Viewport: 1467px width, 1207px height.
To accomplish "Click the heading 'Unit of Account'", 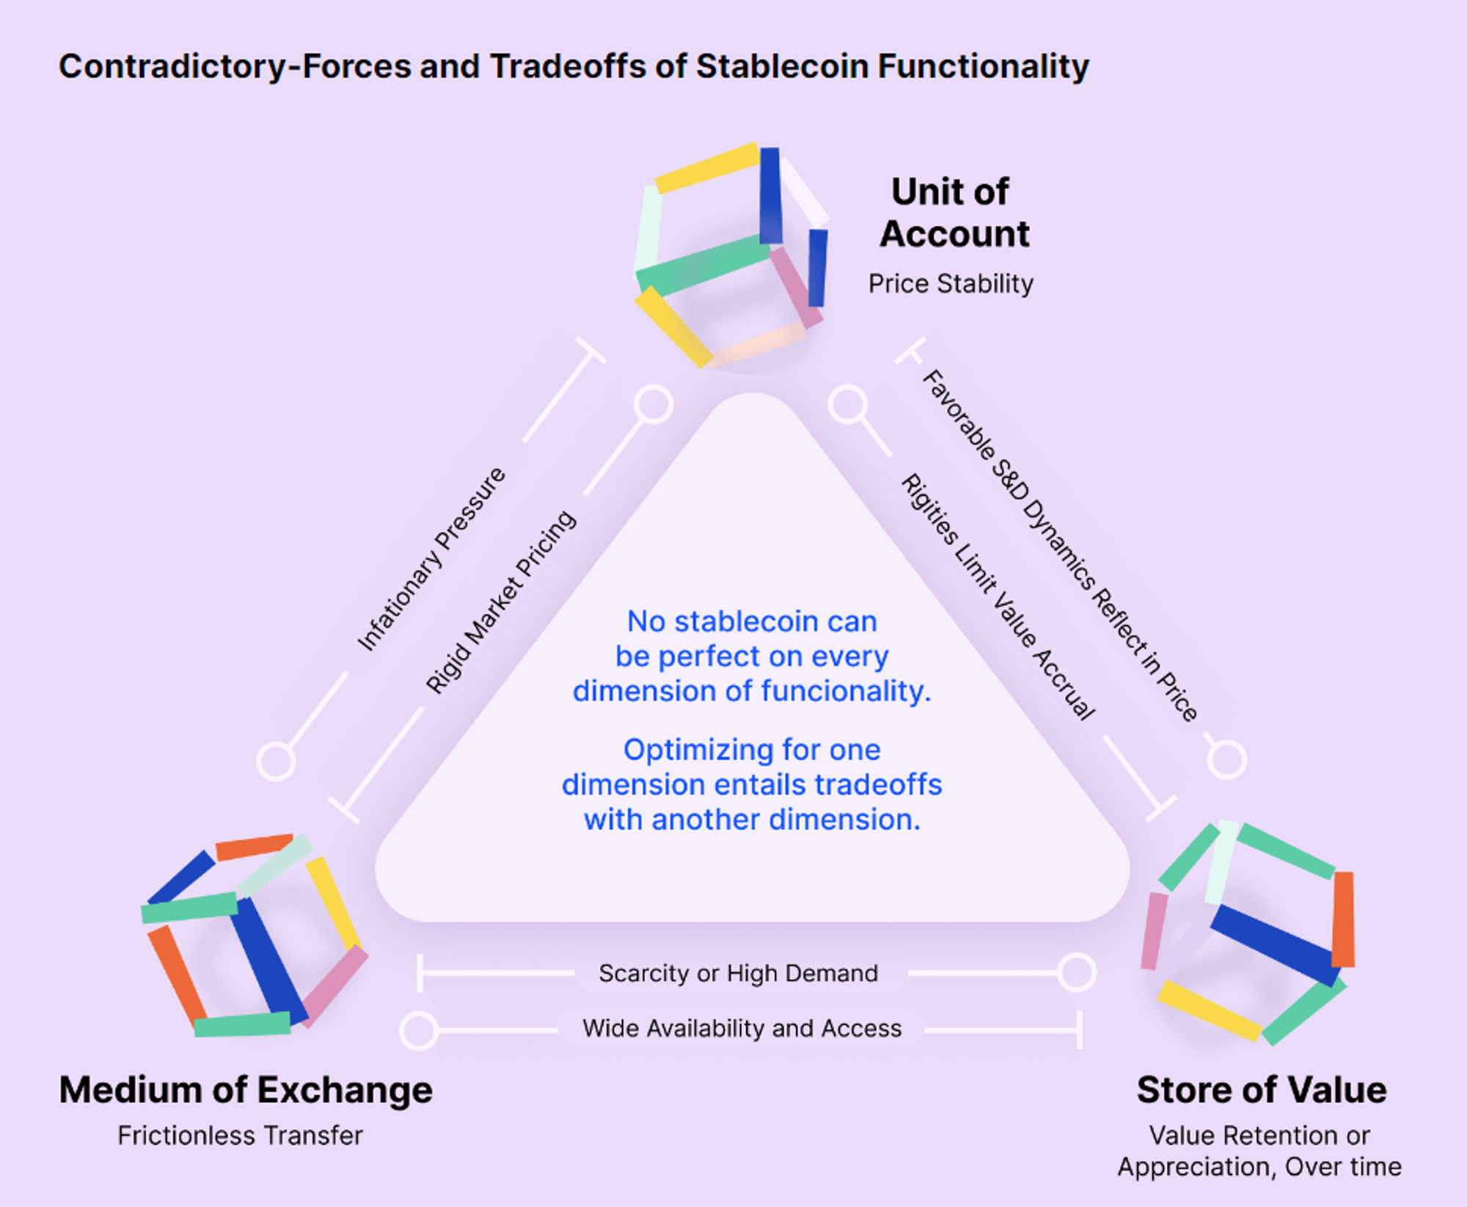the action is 954,213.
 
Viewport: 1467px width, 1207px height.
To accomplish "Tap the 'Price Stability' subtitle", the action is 951,284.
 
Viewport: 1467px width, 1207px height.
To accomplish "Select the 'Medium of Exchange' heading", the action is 246,1090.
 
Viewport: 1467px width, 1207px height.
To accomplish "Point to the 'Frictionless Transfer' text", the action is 240,1135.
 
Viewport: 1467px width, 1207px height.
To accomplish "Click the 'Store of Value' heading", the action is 1262,1090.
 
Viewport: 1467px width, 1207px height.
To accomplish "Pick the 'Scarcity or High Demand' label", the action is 738,973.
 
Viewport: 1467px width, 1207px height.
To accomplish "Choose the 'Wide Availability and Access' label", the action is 742,1028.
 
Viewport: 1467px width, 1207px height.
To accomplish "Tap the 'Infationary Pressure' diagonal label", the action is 431,559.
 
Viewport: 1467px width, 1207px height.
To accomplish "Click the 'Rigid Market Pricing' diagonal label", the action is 502,602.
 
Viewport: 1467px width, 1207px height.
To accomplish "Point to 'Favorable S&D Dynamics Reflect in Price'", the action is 1060,545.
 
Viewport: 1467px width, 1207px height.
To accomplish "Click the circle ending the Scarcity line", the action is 1077,973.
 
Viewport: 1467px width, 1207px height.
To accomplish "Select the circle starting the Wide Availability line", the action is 419,1030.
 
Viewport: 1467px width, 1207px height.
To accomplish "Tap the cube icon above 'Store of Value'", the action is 1248,932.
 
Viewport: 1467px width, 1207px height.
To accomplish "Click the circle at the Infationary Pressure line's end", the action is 277,761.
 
